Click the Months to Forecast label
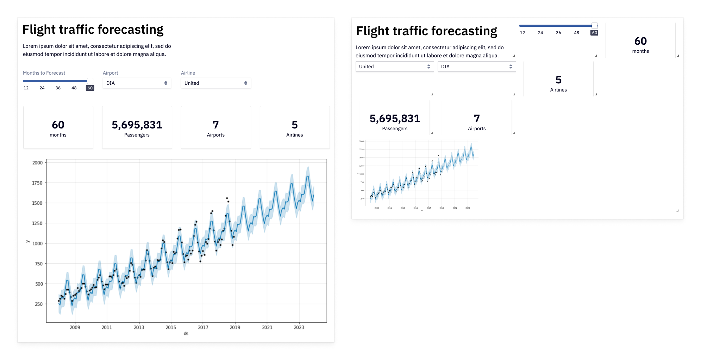(x=44, y=73)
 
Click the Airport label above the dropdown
(x=110, y=73)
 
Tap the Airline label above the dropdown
(x=188, y=73)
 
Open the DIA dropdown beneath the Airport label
(x=137, y=83)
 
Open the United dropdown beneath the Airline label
(x=215, y=83)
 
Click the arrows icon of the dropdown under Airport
(x=166, y=83)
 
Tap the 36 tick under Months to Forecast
(x=58, y=88)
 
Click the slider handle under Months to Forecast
(x=90, y=81)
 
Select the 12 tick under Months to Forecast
(x=26, y=88)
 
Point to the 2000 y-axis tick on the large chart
(x=37, y=163)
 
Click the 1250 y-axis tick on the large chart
(x=37, y=223)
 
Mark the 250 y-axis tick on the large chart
(x=38, y=304)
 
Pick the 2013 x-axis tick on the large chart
(x=139, y=327)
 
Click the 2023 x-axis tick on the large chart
(x=299, y=327)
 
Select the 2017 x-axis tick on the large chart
(x=203, y=327)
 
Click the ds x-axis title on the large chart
(x=186, y=334)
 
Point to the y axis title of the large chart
(x=27, y=241)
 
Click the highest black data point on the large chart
(x=227, y=198)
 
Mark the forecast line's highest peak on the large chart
(x=308, y=176)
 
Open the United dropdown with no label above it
(x=394, y=67)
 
